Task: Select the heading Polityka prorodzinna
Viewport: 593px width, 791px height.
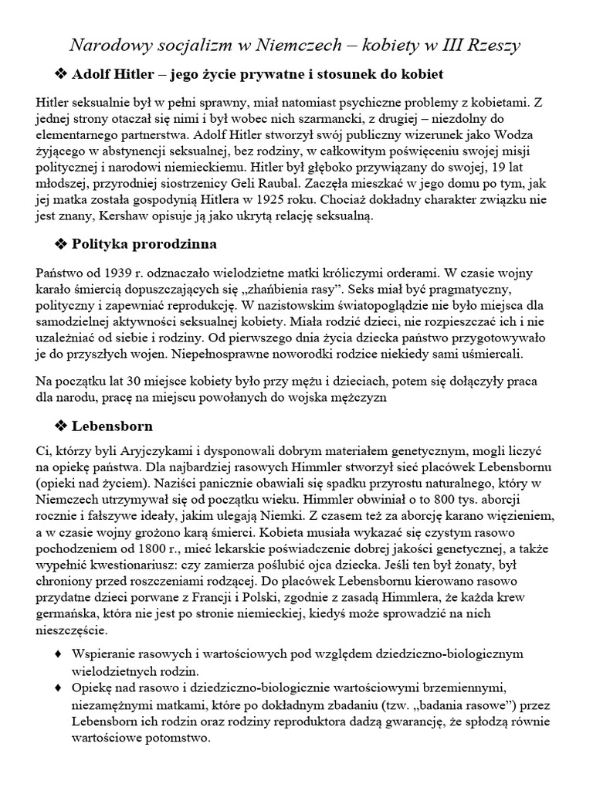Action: coord(144,244)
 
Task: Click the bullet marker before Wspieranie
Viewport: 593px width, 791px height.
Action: coord(59,654)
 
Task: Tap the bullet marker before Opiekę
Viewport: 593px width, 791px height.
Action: coord(59,687)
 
